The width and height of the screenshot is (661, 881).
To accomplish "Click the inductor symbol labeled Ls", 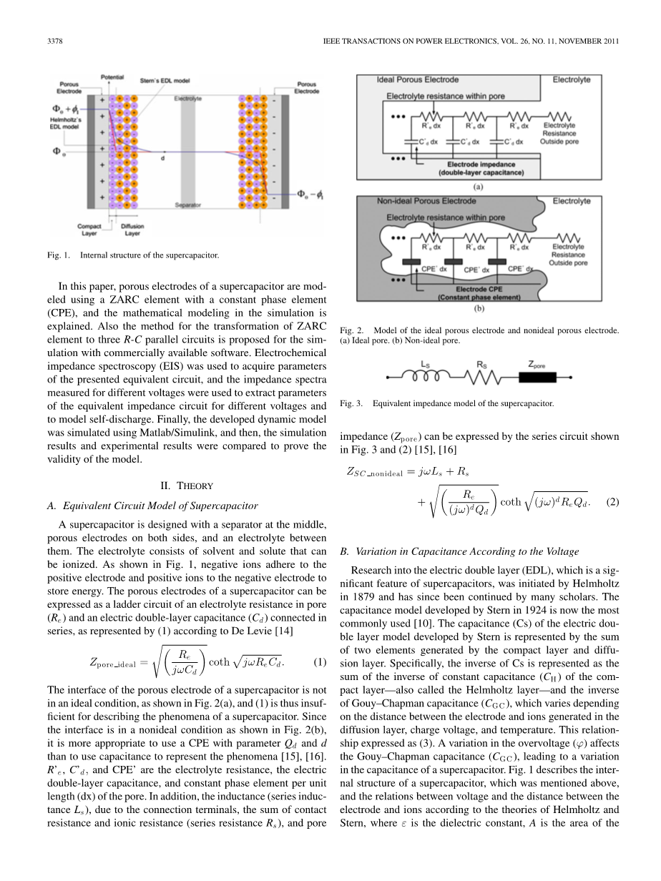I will pos(426,378).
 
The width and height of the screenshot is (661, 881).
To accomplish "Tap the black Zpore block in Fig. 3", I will pos(537,378).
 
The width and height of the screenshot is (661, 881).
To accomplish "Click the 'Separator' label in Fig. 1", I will pos(187,205).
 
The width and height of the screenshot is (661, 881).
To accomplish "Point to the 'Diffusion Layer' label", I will pos(132,230).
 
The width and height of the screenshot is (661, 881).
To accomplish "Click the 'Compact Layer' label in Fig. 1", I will pos(89,230).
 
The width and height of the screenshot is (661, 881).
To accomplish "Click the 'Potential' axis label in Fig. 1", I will pos(112,76).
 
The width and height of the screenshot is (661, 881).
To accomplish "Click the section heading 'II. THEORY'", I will pos(185,486).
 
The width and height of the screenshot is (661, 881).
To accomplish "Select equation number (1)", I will pos(320,662).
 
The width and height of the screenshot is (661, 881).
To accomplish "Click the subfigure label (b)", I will pos(478,310).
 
